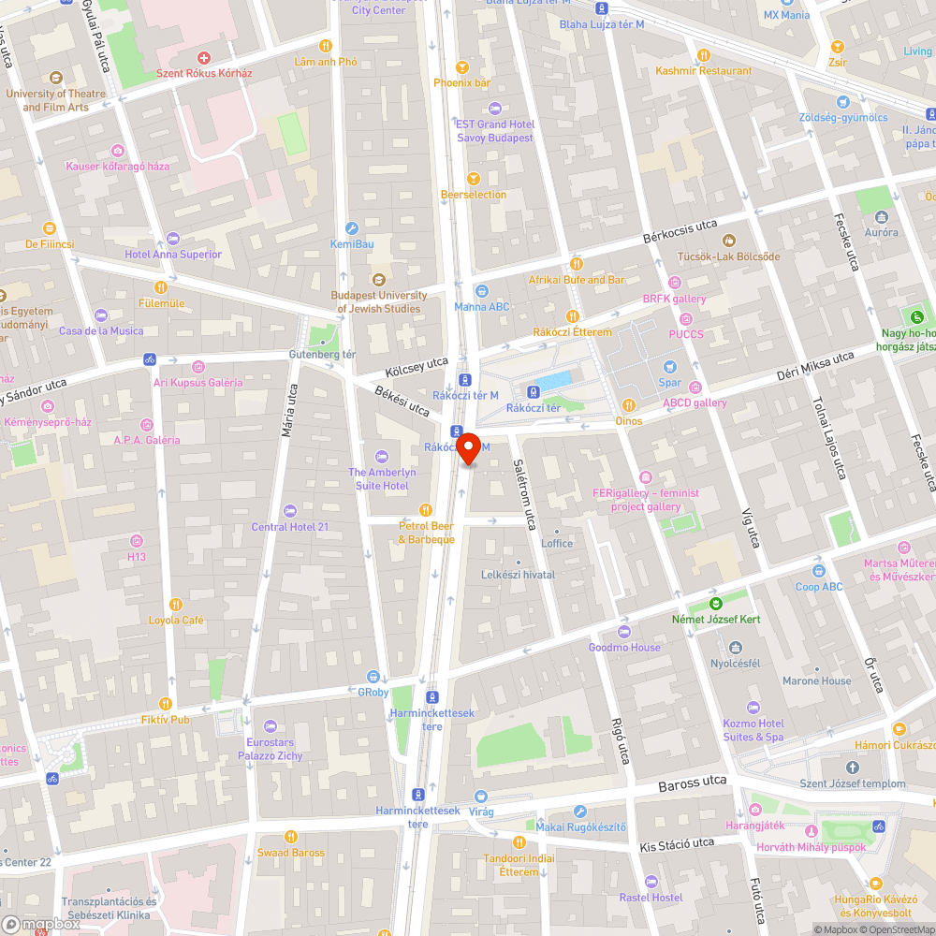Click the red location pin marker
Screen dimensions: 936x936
[470, 450]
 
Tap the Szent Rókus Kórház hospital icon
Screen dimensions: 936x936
[217, 58]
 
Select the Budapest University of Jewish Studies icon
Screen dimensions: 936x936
[379, 279]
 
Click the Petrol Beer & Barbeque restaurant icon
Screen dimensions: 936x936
[426, 509]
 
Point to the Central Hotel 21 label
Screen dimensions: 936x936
[290, 527]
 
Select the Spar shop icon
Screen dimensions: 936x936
[669, 366]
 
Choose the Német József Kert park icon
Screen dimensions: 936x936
[716, 603]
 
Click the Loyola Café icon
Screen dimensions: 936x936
[176, 604]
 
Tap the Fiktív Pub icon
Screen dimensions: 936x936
[166, 703]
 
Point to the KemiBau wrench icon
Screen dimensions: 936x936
[352, 227]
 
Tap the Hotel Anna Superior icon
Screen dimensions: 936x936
[172, 238]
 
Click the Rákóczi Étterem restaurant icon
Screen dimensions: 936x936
[572, 316]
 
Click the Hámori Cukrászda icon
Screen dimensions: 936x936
[899, 728]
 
